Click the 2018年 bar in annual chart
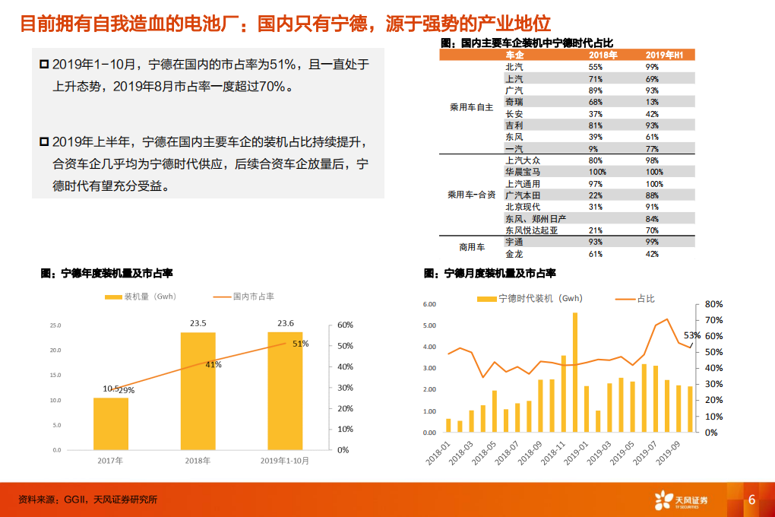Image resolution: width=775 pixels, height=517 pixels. coord(198,391)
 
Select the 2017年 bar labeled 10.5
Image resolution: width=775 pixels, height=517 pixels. coord(111,423)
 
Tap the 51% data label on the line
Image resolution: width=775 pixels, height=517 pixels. coord(300,344)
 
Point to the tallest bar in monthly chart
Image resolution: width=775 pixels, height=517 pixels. coord(574,372)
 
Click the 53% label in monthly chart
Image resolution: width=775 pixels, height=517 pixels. coord(691,335)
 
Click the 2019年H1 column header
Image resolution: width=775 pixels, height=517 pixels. coord(665,56)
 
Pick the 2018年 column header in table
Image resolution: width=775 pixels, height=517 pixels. coord(603,56)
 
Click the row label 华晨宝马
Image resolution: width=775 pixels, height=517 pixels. coord(524,172)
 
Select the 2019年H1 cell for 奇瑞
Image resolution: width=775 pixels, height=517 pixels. coord(652,102)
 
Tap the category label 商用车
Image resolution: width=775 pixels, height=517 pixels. coord(471,247)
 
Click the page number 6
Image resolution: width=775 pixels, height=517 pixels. coord(751,500)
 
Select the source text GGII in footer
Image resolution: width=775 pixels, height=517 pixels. coord(75,500)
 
